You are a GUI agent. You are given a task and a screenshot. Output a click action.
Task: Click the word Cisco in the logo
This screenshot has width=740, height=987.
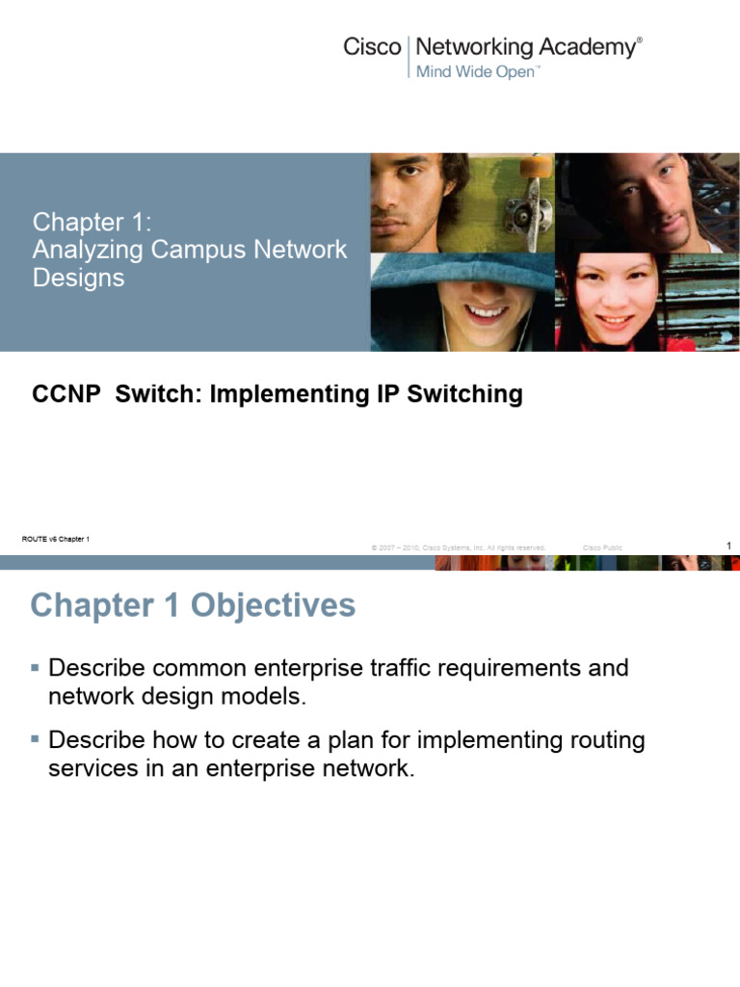tap(372, 47)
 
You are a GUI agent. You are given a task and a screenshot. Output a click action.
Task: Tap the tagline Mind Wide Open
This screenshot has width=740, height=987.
tap(475, 71)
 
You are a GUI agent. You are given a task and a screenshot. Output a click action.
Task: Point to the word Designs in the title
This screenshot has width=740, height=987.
tap(79, 279)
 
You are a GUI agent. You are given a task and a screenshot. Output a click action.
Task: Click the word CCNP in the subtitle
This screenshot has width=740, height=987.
tap(66, 394)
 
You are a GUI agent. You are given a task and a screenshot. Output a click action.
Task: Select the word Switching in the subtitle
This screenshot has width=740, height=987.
tap(464, 394)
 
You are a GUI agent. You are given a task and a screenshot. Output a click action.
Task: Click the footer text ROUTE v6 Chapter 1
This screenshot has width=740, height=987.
tap(55, 539)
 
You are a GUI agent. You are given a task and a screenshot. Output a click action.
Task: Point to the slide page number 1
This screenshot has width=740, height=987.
tap(728, 546)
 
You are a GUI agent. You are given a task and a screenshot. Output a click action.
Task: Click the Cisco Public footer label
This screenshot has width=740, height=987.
tap(602, 547)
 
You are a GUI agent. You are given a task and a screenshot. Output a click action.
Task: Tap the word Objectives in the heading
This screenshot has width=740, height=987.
tap(273, 605)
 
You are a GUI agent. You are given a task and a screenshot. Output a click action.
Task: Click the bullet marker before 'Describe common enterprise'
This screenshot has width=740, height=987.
tap(36, 667)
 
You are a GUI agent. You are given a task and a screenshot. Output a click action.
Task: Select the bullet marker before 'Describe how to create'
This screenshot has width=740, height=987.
tap(36, 739)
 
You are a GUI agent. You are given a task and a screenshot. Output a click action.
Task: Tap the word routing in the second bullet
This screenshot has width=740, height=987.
tap(607, 741)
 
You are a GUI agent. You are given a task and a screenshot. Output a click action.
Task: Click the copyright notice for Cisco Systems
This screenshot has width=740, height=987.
tap(458, 547)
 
